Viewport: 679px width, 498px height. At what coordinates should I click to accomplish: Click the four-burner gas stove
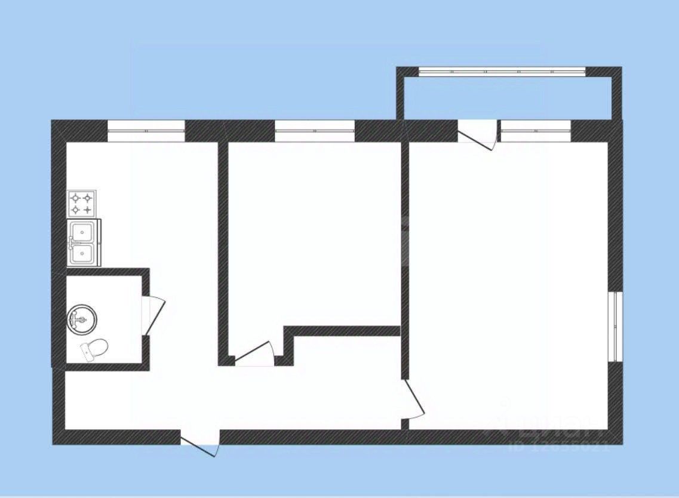coord(82,203)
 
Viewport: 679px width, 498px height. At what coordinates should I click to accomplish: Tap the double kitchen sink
coord(84,242)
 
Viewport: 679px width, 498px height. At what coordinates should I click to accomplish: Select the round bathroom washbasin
coord(82,319)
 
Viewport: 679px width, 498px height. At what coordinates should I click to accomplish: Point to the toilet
coord(94,349)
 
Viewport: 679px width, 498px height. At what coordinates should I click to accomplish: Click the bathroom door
coord(154,315)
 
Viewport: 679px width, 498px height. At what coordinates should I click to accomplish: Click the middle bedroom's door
coord(254,352)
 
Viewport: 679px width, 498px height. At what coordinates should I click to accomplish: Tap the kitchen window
coord(146,131)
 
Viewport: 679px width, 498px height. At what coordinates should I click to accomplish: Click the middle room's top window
coord(315,131)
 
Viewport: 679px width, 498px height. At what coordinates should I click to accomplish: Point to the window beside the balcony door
coord(536,131)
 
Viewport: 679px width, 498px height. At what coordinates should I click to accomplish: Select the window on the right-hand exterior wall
coord(615,326)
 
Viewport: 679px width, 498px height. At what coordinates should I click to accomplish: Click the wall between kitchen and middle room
coord(223,251)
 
